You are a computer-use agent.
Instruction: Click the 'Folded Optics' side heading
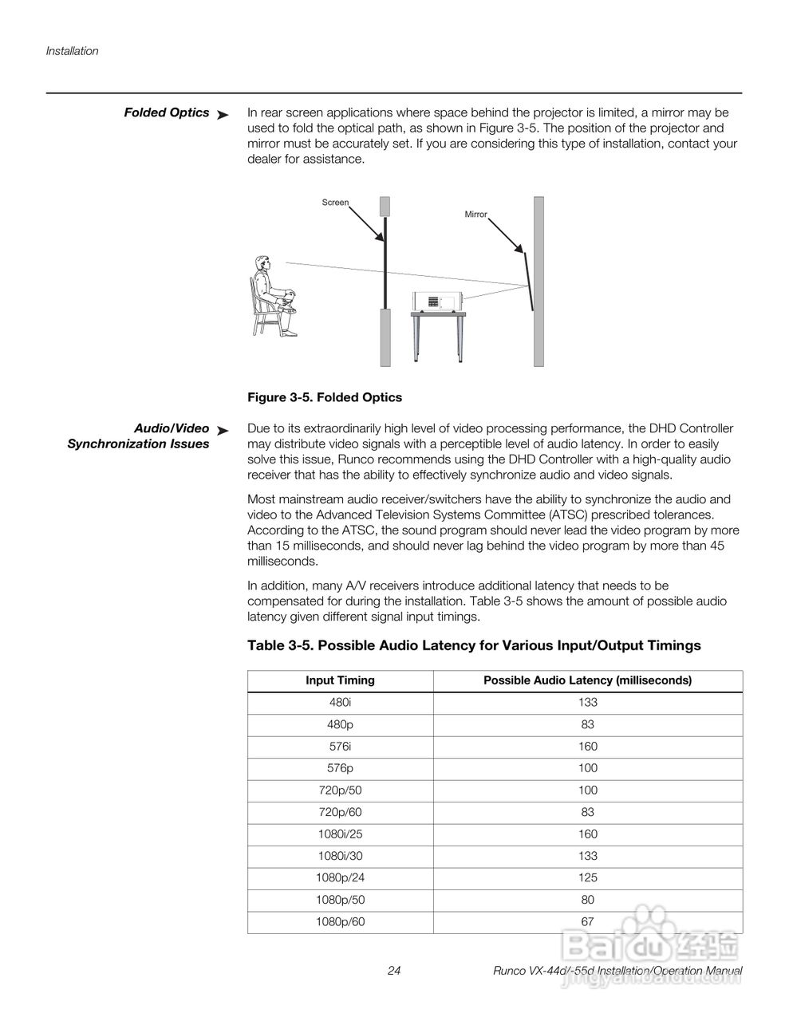[x=166, y=112]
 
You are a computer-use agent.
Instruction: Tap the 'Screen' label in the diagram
[x=335, y=203]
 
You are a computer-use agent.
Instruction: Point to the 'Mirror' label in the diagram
[x=475, y=215]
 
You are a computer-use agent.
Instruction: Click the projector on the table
[x=437, y=302]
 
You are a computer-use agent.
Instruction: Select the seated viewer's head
[x=261, y=266]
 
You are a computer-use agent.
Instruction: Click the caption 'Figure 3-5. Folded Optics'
[x=325, y=397]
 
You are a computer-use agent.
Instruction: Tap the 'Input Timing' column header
[x=340, y=680]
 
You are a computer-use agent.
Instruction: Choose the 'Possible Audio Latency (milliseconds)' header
[x=587, y=680]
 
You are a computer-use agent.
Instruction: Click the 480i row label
[x=340, y=703]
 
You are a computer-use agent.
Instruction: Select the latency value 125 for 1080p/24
[x=588, y=877]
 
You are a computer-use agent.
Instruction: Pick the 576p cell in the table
[x=340, y=768]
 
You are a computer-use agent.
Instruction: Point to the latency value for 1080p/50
[x=588, y=900]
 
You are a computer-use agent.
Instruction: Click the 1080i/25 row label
[x=340, y=834]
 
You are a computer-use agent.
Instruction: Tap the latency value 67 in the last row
[x=588, y=921]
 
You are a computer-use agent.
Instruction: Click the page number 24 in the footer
[x=394, y=971]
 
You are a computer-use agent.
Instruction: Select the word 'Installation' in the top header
[x=72, y=51]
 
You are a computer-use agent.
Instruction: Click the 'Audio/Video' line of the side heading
[x=172, y=428]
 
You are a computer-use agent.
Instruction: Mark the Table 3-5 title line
[x=474, y=645]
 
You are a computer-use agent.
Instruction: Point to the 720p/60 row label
[x=340, y=812]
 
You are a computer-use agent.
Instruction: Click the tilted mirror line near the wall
[x=528, y=281]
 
